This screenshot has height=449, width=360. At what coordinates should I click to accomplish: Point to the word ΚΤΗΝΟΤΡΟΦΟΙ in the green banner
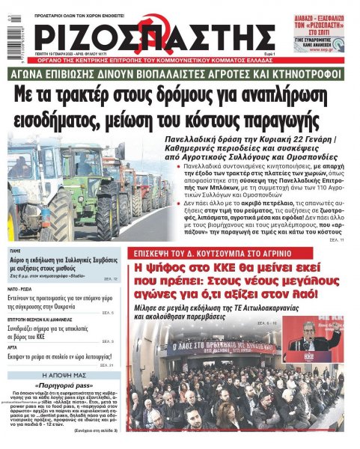(x=311, y=75)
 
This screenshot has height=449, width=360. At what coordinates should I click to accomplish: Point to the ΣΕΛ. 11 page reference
(x=335, y=239)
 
